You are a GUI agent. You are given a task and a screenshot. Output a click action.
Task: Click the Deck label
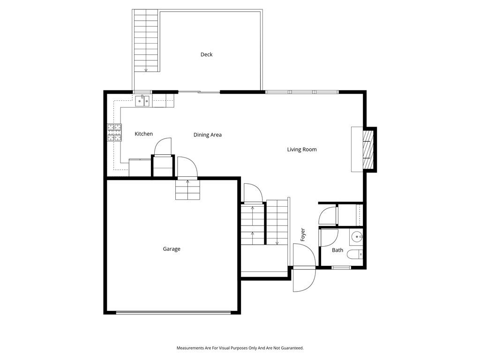pos(206,54)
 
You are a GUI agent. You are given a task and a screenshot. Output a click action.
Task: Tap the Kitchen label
pos(143,134)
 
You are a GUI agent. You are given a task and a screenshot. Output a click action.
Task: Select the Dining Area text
pos(208,135)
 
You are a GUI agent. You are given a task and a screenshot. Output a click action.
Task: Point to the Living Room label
pos(302,150)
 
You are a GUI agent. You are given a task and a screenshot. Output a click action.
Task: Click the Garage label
pos(172,249)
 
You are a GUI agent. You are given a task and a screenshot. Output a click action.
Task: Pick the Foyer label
pos(303,234)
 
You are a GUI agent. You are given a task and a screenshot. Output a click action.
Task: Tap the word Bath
pos(337,250)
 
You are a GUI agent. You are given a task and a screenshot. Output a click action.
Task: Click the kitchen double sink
pos(142,101)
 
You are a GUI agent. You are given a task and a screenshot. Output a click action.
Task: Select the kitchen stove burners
pos(114,133)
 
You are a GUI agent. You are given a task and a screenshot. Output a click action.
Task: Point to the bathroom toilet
pos(357,255)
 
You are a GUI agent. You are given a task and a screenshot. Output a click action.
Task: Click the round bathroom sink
pos(356,237)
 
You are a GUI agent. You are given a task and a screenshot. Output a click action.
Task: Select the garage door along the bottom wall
pos(173,313)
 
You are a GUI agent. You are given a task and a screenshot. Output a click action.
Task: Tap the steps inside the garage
pos(187,190)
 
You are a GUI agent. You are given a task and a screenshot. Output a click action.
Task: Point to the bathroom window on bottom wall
pos(341,268)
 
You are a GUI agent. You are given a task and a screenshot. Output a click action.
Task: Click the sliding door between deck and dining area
pos(199,92)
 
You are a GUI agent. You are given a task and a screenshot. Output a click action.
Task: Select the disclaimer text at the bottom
pos(240,348)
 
